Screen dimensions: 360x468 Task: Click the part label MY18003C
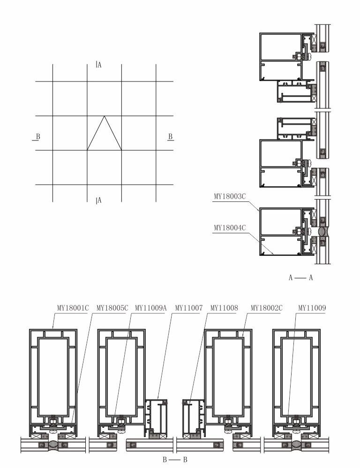coord(230,196)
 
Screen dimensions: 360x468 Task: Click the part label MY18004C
coord(230,228)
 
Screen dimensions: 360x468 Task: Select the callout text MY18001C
coord(73,308)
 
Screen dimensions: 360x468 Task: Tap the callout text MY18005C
coord(112,308)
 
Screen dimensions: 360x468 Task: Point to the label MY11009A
coord(151,308)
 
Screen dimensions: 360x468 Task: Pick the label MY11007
coord(189,308)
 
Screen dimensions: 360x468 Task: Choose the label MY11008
coord(225,308)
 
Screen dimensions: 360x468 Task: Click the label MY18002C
coord(267,308)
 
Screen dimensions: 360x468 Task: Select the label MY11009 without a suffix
coord(312,308)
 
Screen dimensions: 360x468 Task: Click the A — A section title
coord(301,278)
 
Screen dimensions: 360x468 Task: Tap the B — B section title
coord(175,460)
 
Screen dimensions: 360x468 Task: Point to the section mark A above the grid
coord(99,65)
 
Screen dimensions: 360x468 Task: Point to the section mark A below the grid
coord(99,201)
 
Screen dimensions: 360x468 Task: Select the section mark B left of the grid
coord(37,137)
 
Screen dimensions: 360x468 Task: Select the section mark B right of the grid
coord(170,137)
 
